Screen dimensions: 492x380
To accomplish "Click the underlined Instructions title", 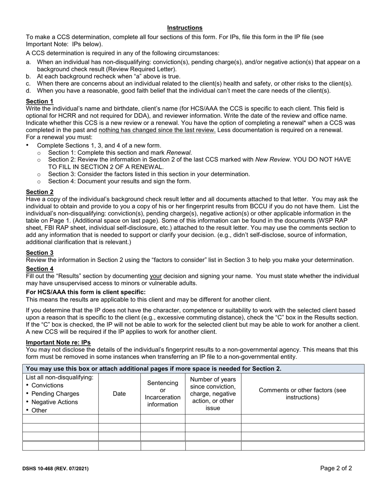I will [185, 28].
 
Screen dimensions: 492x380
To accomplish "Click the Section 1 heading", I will [40, 102].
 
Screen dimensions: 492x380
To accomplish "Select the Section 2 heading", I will [40, 192].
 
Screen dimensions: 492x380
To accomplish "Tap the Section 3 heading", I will [40, 253].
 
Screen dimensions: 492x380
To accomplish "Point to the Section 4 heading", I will [40, 269].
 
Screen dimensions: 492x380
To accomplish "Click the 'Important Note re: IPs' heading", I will [58, 342].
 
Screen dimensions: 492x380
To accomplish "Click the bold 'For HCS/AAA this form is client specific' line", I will [86, 292].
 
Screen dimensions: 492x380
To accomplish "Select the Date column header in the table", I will [119, 394].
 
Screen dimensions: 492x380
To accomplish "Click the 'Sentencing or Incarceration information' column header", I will [162, 394].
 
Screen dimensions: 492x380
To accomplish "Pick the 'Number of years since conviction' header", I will [213, 394].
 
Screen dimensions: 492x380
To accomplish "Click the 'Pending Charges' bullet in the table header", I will [55, 394].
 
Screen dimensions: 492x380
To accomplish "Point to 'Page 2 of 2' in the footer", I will [336, 468].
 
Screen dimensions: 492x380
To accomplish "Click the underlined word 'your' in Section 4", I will [156, 276].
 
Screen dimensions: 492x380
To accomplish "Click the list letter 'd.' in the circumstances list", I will [29, 91].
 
